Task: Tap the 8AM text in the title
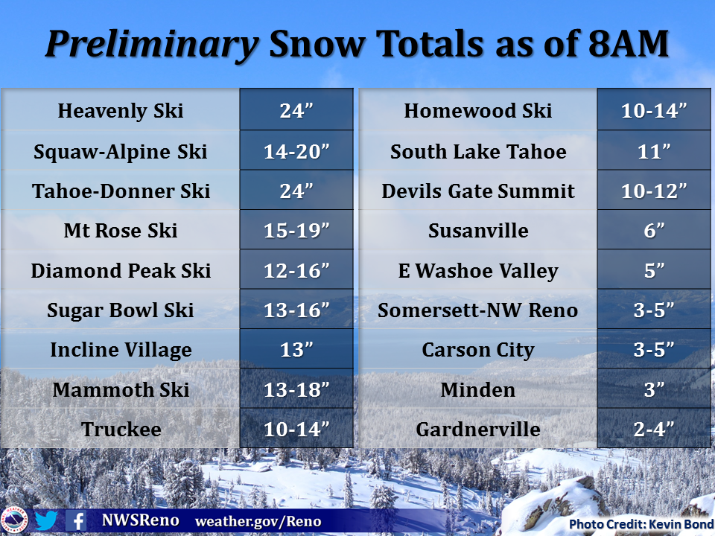629,44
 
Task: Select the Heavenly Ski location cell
121,111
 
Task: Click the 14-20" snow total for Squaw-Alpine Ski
296,151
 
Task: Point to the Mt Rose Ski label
121,231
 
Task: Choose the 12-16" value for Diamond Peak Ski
296,271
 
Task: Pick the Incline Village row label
121,350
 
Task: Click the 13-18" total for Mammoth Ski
296,389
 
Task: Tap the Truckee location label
121,430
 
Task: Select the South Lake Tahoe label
478,151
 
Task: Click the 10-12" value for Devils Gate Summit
654,191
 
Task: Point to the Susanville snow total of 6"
654,231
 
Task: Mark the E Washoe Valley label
478,271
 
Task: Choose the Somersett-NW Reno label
478,310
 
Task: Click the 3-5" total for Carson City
654,350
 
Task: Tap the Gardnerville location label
478,430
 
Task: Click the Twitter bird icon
46,520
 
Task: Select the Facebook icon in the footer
76,520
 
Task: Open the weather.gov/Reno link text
258,521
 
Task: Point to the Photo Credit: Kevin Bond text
641,525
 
